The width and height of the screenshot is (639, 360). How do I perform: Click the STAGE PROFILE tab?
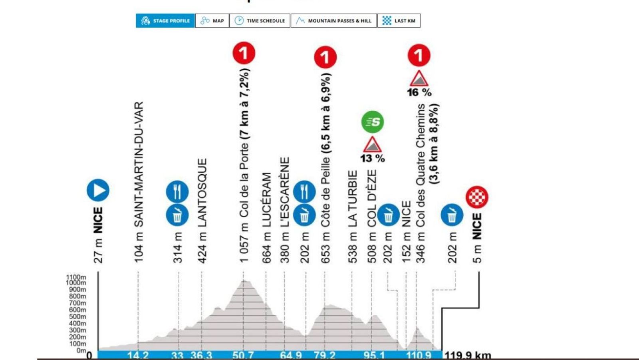click(x=165, y=21)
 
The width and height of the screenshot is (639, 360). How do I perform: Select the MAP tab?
click(x=212, y=21)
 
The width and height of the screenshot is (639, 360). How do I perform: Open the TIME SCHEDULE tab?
click(x=260, y=21)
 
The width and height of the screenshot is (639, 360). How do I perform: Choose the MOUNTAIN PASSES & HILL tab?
click(x=333, y=21)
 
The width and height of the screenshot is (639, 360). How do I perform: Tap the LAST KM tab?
click(x=399, y=21)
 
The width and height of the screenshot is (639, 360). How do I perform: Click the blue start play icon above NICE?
click(x=98, y=190)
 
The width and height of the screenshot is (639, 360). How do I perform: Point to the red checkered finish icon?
click(x=477, y=197)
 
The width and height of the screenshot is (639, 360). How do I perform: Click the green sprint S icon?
click(x=373, y=122)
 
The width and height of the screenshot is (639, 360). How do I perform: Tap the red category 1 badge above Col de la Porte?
click(x=244, y=53)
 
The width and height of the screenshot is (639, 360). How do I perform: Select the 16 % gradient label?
click(x=419, y=92)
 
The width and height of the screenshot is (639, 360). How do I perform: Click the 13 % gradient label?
click(x=372, y=159)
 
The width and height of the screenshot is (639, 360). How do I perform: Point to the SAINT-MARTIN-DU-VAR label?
click(x=139, y=164)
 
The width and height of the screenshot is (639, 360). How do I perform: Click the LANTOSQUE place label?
click(x=202, y=193)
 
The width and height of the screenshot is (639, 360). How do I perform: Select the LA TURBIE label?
click(x=352, y=199)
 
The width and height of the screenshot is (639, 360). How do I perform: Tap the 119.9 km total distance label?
click(x=468, y=355)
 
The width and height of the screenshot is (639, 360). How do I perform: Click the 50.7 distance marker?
click(x=243, y=355)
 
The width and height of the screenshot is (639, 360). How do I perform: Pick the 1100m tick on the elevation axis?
click(x=76, y=277)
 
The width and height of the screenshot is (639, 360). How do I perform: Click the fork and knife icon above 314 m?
click(x=177, y=191)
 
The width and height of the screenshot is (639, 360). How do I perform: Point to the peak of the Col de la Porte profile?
click(x=245, y=281)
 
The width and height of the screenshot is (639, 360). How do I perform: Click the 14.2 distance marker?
click(x=138, y=355)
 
